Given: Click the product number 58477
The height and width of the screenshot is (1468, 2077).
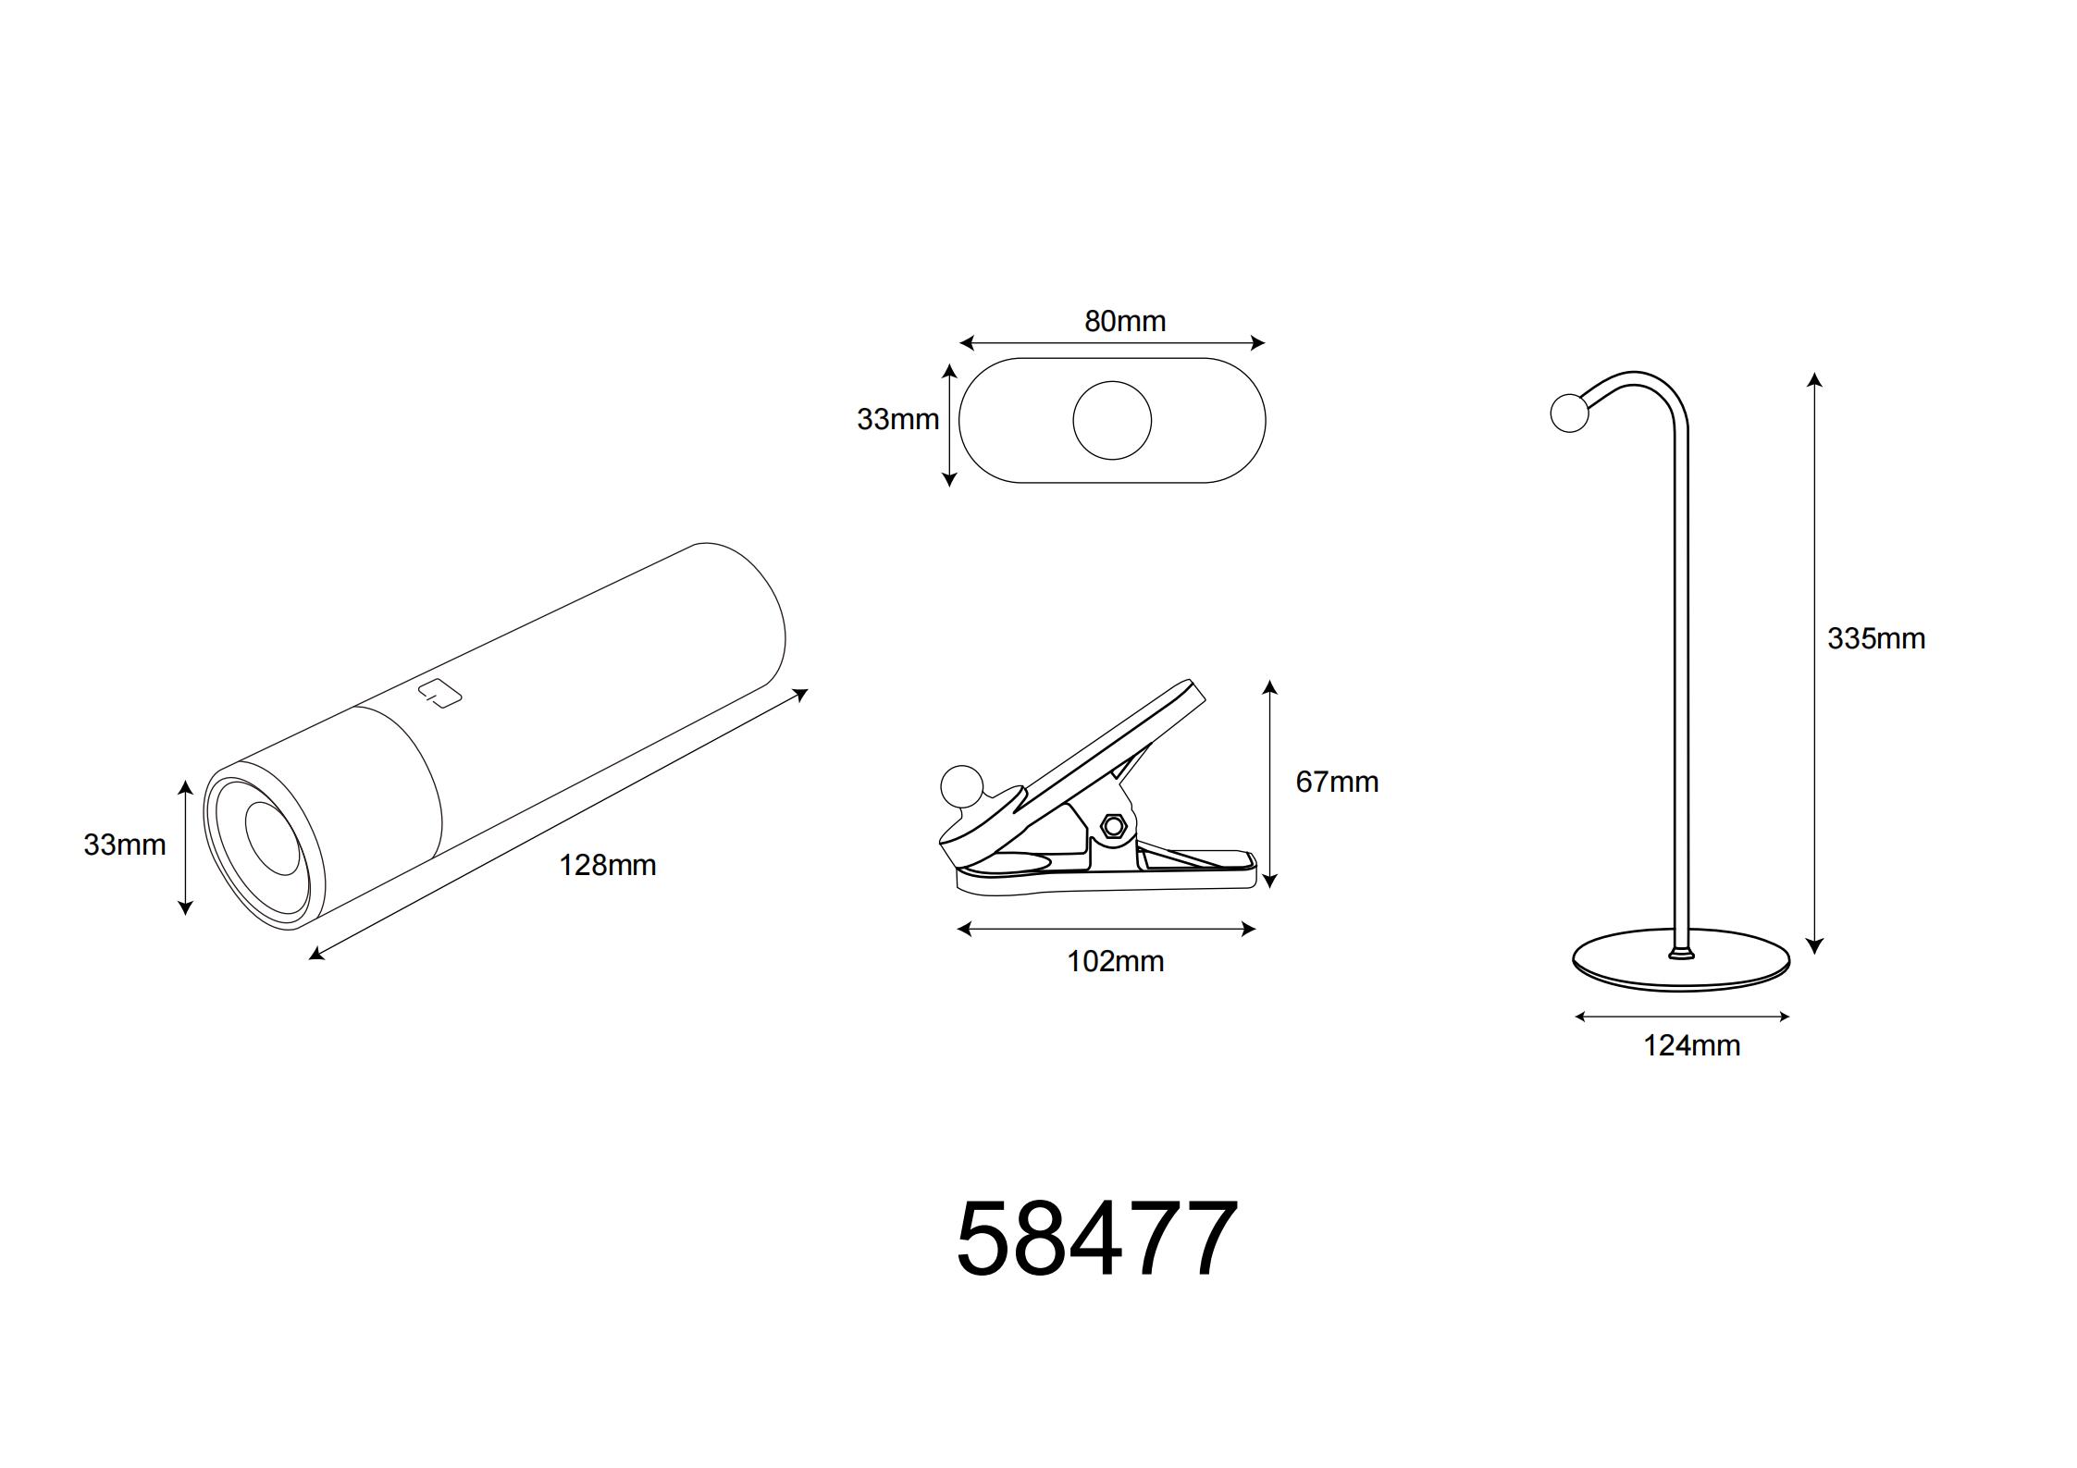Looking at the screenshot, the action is pyautogui.click(x=1096, y=1239).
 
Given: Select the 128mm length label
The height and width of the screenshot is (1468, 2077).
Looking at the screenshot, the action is pyautogui.click(x=607, y=865).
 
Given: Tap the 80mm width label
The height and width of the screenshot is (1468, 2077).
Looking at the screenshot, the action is pyautogui.click(x=1124, y=321).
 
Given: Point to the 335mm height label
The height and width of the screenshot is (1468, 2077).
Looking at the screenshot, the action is pyautogui.click(x=1876, y=638).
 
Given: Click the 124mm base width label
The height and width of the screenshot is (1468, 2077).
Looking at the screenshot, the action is pyautogui.click(x=1691, y=1045).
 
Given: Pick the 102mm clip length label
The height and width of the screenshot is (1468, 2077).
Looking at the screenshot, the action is pyautogui.click(x=1115, y=961).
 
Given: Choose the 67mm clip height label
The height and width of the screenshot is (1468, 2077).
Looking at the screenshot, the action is pyautogui.click(x=1337, y=782).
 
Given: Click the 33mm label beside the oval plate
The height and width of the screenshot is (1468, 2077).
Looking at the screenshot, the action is pyautogui.click(x=897, y=419).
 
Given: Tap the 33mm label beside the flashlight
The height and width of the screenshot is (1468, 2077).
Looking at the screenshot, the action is pyautogui.click(x=125, y=845).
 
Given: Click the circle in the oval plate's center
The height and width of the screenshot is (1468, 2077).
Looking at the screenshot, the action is pyautogui.click(x=1112, y=420).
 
